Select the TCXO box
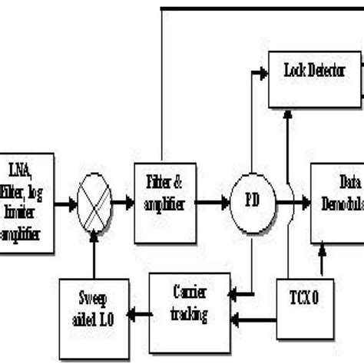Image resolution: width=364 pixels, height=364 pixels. (x=306, y=303)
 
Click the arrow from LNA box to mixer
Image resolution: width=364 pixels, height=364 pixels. (x=65, y=204)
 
